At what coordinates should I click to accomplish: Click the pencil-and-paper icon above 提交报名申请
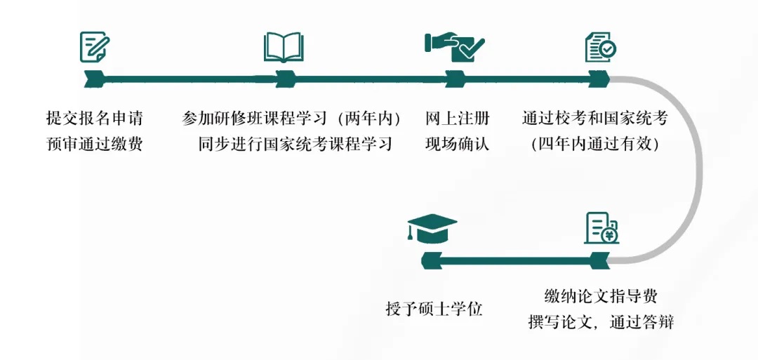(95, 46)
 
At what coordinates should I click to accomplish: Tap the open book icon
(284, 47)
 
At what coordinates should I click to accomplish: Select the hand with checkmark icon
(454, 47)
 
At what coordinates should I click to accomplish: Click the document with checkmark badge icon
(600, 47)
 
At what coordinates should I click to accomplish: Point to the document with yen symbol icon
(601, 228)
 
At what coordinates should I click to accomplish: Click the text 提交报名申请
(95, 118)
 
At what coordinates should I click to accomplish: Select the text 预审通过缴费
(95, 144)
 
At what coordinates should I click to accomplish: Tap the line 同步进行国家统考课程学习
(295, 144)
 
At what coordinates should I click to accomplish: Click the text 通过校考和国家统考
(594, 118)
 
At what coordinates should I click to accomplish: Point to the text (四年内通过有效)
(594, 144)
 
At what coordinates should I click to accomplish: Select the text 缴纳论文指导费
(601, 295)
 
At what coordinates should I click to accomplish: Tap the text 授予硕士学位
(434, 308)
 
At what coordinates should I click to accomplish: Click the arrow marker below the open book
(286, 79)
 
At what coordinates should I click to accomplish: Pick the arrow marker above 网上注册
(455, 79)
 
